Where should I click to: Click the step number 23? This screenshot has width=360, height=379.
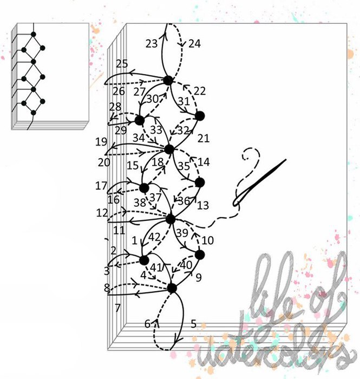pyautogui.click(x=152, y=44)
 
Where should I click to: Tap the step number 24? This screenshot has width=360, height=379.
pyautogui.click(x=194, y=44)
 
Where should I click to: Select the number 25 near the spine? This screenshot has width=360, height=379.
pyautogui.click(x=122, y=64)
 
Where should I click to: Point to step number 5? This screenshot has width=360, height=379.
pyautogui.click(x=193, y=324)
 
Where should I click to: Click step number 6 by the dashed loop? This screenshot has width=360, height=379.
pyautogui.click(x=148, y=324)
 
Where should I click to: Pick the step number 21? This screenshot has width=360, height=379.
pyautogui.click(x=204, y=139)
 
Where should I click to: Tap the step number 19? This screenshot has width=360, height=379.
pyautogui.click(x=101, y=142)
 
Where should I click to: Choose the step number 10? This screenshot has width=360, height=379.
pyautogui.click(x=207, y=240)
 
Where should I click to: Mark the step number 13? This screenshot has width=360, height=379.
pyautogui.click(x=203, y=206)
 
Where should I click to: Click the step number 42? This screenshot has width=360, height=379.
pyautogui.click(x=154, y=237)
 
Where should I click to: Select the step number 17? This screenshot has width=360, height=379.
pyautogui.click(x=101, y=186)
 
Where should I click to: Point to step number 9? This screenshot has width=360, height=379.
pyautogui.click(x=199, y=278)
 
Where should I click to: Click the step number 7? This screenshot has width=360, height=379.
pyautogui.click(x=117, y=308)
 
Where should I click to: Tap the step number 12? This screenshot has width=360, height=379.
pyautogui.click(x=102, y=213)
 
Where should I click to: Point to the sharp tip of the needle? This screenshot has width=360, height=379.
pyautogui.click(x=286, y=159)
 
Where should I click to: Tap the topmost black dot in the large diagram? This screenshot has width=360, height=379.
pyautogui.click(x=168, y=81)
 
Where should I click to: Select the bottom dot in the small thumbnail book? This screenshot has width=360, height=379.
pyautogui.click(x=34, y=113)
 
